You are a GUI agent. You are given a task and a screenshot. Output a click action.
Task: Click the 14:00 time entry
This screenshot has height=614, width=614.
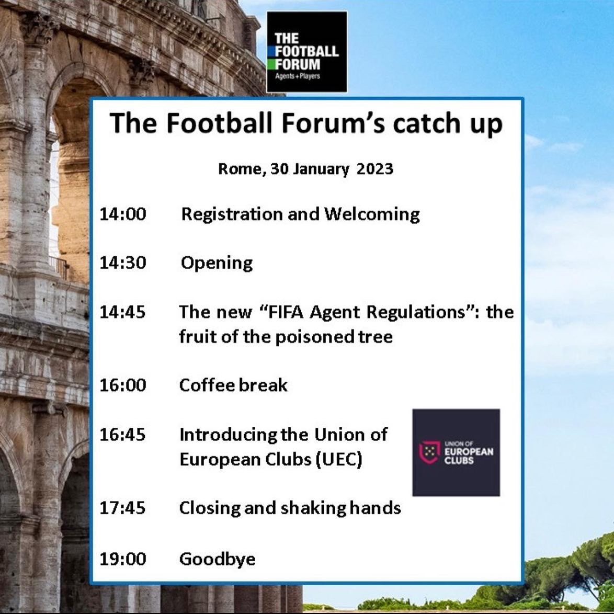coord(122,214)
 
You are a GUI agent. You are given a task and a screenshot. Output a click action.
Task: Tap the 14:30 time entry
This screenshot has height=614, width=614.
coord(122,263)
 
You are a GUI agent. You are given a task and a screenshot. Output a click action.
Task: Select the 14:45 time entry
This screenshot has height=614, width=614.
coord(122,312)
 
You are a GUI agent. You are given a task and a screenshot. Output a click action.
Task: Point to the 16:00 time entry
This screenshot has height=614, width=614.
coord(122,385)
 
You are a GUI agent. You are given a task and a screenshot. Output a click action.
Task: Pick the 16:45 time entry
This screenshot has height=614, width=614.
coord(122,435)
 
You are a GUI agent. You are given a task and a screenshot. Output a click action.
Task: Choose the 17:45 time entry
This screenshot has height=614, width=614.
coord(122,508)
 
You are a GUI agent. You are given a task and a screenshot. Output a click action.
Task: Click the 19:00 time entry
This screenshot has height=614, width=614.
coord(122,559)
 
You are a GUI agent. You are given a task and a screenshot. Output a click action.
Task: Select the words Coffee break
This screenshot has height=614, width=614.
coord(233,385)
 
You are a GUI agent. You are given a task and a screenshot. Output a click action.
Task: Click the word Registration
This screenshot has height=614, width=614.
coord(232,215)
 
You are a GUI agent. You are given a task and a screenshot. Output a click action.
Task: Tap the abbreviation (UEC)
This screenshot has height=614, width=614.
coord(339,459)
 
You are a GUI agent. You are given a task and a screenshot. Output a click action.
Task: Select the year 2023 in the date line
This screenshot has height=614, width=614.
coord(375,169)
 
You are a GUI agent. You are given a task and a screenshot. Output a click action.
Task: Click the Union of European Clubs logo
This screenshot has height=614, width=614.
coord(456,453)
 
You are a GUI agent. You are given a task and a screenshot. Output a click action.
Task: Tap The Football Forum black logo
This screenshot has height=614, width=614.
coord(306,52)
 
